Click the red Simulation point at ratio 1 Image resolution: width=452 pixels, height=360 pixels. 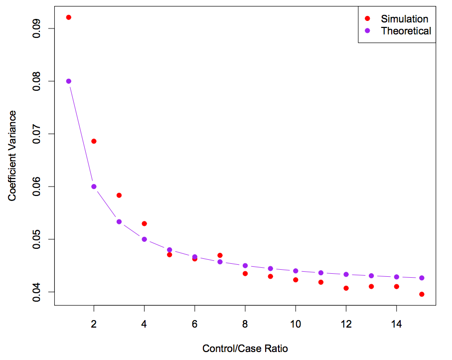69,17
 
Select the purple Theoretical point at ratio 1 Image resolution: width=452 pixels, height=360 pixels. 69,81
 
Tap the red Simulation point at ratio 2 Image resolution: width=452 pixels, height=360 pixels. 94,141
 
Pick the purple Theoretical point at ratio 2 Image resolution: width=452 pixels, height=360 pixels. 94,186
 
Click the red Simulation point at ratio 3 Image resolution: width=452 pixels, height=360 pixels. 119,195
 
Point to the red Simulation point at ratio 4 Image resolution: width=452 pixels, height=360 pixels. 145,223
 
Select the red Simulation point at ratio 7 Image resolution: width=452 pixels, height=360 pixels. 220,255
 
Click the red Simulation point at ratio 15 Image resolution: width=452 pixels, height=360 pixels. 422,294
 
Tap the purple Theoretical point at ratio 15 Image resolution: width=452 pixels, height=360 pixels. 422,278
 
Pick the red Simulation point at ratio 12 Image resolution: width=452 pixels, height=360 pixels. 346,288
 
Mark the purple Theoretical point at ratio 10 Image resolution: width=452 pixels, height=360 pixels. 296,271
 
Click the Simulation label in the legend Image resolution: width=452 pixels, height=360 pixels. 404,19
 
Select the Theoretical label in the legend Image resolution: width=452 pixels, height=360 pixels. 406,31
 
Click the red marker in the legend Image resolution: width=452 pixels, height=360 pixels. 368,18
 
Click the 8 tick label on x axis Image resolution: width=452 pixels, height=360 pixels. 245,324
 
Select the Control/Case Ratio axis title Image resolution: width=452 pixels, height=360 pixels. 245,349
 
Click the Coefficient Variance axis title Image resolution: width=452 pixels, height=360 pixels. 12,156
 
